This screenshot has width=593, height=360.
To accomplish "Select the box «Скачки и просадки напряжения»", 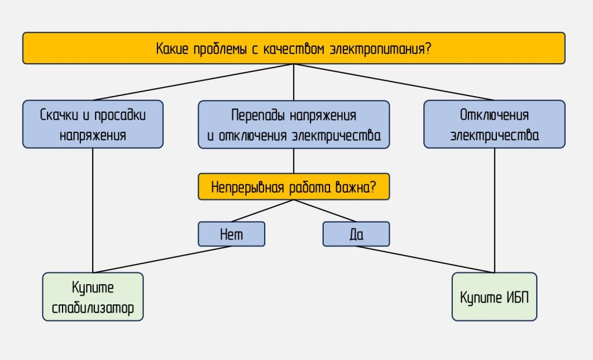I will [93, 124].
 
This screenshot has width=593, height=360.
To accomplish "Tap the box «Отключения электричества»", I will [495, 124].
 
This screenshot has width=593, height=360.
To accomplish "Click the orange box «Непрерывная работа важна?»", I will [294, 187].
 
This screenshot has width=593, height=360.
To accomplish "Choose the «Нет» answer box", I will [231, 234].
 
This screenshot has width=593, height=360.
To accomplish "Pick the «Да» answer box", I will [356, 234].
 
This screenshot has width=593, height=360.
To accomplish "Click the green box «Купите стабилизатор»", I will [93, 296].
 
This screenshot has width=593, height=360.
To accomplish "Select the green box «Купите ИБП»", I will [495, 296].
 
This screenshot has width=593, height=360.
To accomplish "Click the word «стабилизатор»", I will [93, 308].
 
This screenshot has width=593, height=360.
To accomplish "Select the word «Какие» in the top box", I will [172, 48].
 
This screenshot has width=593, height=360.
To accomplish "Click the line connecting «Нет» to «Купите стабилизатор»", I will [162, 259].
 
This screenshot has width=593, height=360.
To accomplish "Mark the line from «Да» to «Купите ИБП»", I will [426, 259].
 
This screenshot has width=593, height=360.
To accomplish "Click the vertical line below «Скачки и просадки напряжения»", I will [93, 208].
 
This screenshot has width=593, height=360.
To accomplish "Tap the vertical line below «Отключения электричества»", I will [495, 208].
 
